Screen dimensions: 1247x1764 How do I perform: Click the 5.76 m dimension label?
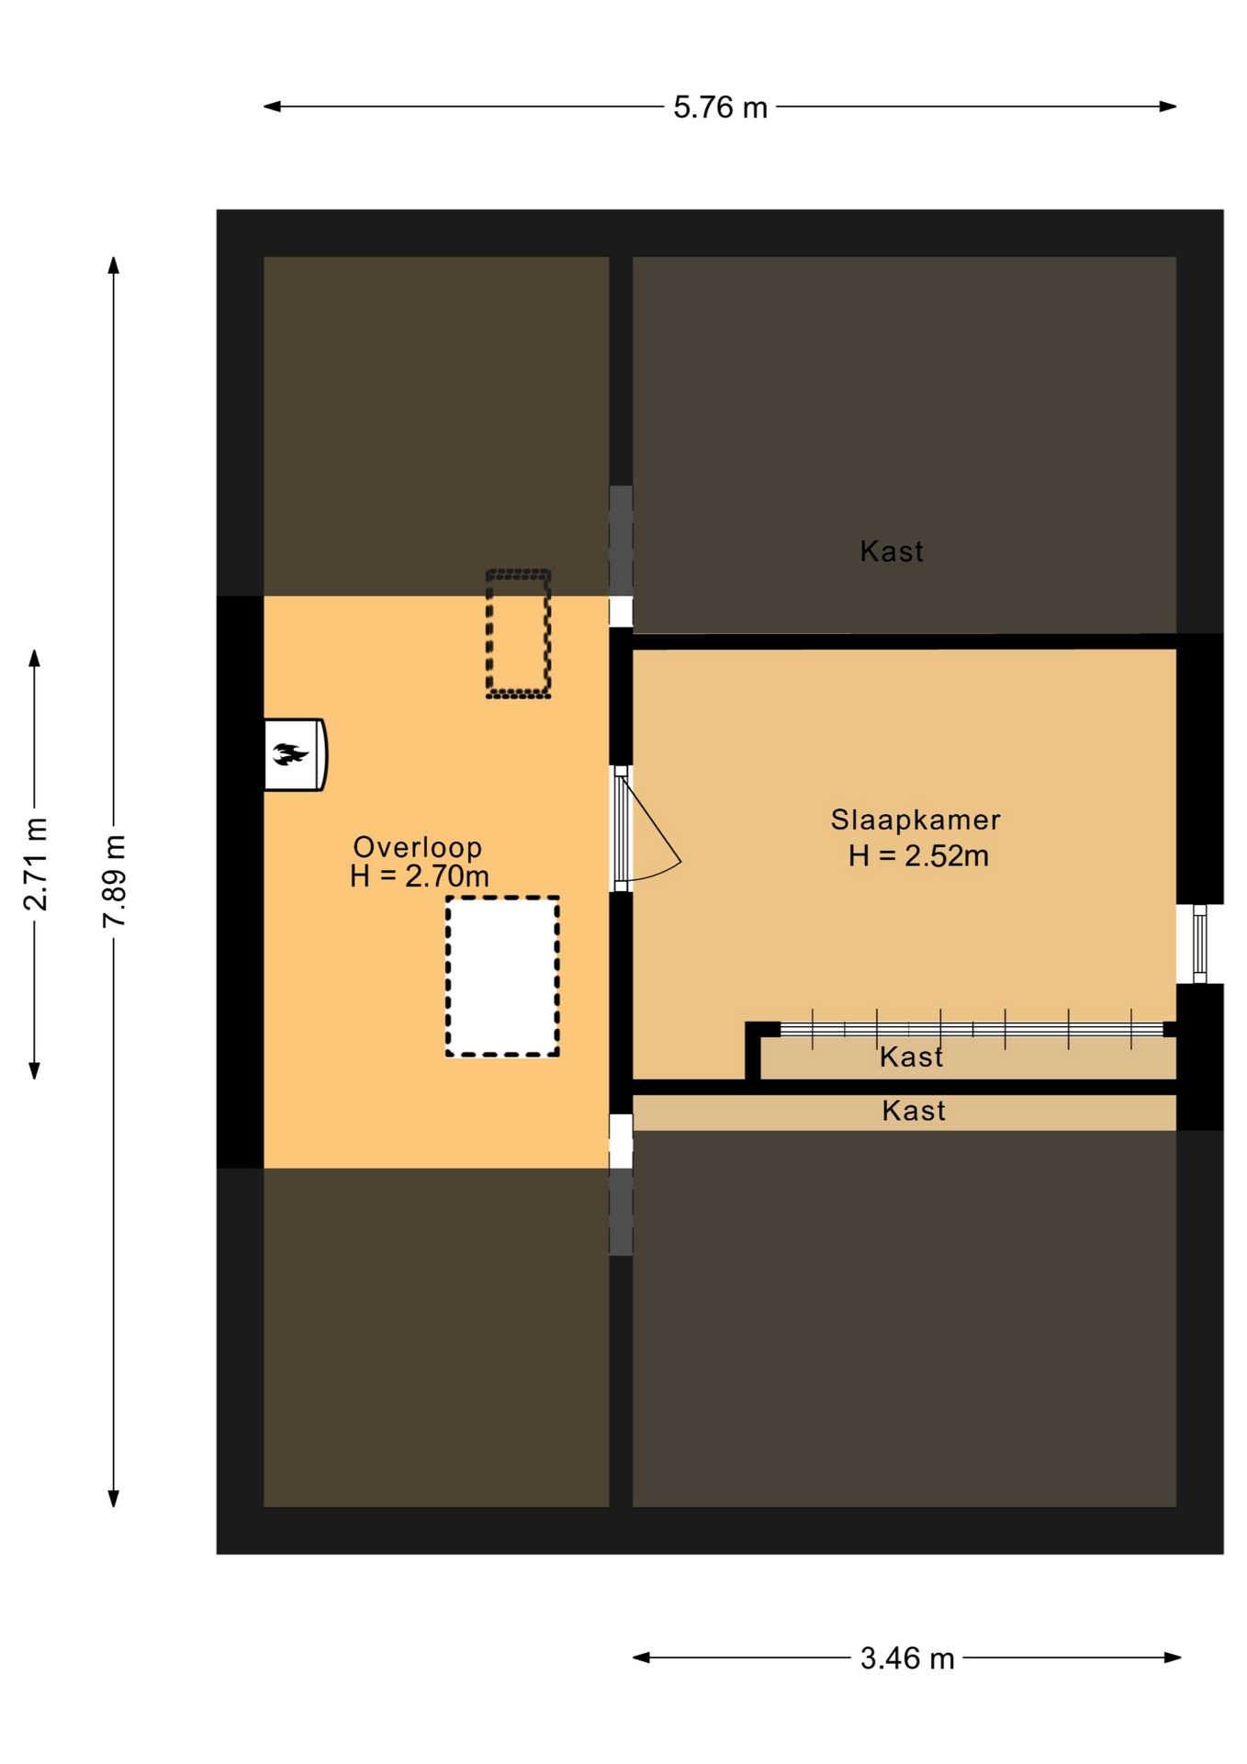pos(720,107)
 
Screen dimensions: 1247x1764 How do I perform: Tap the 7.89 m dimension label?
pos(114,881)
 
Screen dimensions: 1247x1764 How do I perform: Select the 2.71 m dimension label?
pos(35,863)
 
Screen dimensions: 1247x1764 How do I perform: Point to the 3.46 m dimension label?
pos(907,1658)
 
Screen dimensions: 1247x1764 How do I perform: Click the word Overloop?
pos(418,847)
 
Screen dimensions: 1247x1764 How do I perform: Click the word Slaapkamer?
pos(916,820)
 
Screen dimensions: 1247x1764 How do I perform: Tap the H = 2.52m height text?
pos(918,856)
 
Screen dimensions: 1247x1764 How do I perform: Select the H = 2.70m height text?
pos(420,876)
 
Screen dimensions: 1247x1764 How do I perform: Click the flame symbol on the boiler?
pos(290,754)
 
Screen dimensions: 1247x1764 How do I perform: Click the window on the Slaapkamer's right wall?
pos(1199,944)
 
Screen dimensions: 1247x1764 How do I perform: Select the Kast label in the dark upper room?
pos(892,551)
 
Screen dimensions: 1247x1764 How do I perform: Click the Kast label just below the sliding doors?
pos(911,1057)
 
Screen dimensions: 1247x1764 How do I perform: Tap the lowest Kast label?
pos(914,1111)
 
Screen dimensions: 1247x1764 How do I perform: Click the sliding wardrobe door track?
pos(972,1029)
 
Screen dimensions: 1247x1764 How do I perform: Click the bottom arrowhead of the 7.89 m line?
pos(114,1498)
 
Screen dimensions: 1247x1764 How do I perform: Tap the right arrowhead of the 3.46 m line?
pos(1173,1657)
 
